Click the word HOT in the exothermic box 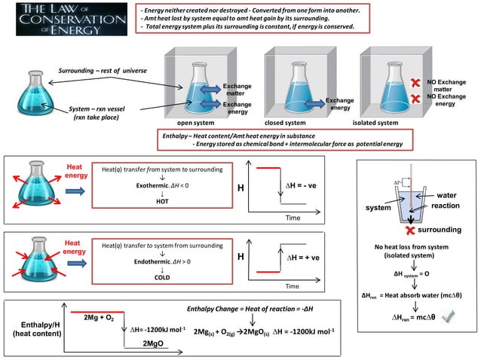pos(162,201)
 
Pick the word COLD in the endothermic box pos(162,276)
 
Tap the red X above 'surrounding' pos(409,229)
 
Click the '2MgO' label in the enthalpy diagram pos(155,343)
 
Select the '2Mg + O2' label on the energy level pos(100,319)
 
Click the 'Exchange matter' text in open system pos(236,89)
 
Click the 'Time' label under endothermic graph pos(292,287)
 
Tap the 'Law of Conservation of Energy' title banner pos(66,19)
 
